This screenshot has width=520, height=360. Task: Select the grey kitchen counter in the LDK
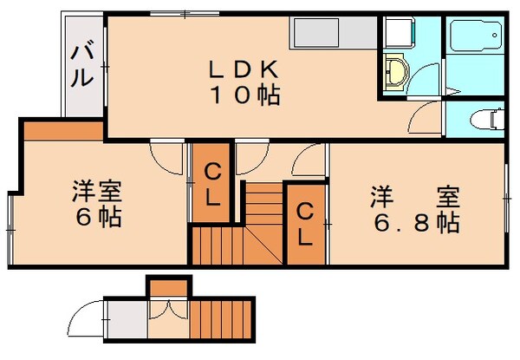(331, 35)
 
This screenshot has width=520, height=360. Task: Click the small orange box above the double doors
(168, 285)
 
